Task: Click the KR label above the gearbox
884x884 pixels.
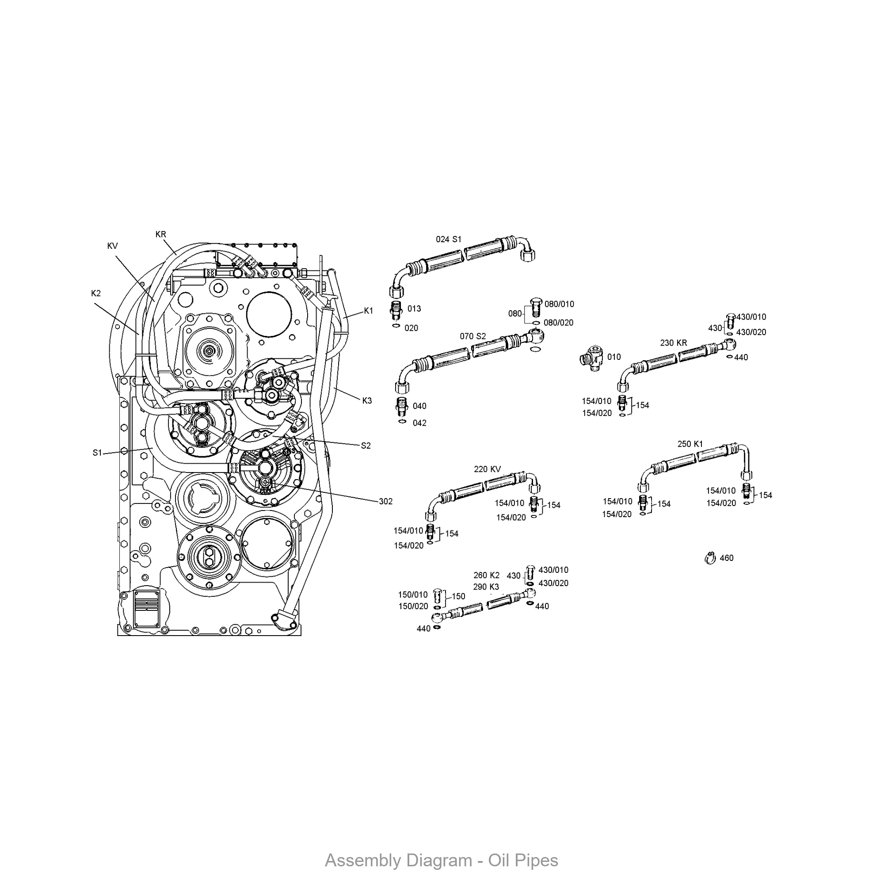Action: [160, 234]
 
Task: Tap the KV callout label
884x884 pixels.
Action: [113, 246]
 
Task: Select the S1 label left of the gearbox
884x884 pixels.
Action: [97, 453]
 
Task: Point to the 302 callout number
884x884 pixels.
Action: [386, 502]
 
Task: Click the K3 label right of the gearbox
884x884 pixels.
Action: [367, 401]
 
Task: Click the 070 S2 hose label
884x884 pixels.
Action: [472, 336]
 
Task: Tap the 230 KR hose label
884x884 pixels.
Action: [674, 343]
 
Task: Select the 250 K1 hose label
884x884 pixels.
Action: [690, 444]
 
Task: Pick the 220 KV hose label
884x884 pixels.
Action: [487, 469]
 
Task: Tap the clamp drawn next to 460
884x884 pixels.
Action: [710, 558]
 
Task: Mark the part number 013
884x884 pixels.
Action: [414, 309]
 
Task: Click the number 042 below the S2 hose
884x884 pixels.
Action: [419, 423]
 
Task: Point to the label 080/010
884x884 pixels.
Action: [559, 304]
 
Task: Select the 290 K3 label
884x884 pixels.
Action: [486, 587]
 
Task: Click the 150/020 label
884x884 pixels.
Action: [413, 606]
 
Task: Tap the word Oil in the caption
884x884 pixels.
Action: [499, 861]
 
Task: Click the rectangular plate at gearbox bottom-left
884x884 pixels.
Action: [146, 609]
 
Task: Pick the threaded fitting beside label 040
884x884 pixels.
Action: [401, 406]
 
